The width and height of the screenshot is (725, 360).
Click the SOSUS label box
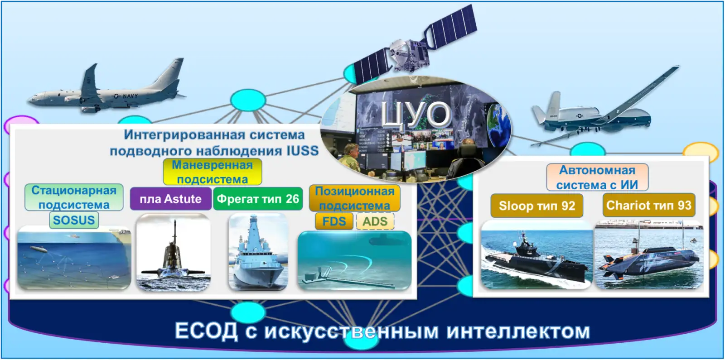74,221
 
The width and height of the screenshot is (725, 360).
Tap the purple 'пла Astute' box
170,199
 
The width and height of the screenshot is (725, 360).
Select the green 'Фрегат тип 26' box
258,199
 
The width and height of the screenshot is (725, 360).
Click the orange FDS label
334,221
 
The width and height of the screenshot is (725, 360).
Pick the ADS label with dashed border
375,221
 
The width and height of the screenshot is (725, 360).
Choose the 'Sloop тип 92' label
536,206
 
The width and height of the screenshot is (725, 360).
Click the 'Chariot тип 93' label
648,206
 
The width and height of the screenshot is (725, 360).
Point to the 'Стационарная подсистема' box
74,197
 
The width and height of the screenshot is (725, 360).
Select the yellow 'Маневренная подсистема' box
212,172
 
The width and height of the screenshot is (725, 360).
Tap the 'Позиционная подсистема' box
354,198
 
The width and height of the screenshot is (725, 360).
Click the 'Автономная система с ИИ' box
597,178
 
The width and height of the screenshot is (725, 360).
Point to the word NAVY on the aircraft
130,96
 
